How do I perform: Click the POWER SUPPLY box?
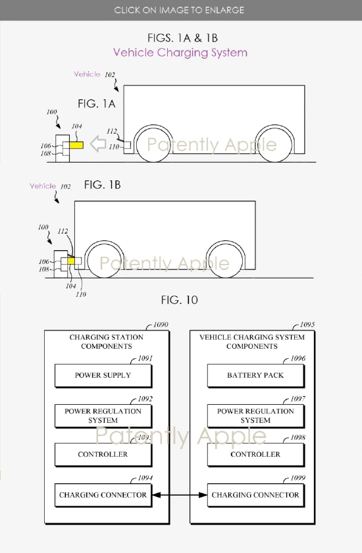pos(103,375)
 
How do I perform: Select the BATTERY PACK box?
pos(255,375)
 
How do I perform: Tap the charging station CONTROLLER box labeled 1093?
pos(103,454)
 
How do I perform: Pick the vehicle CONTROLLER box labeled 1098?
pos(255,454)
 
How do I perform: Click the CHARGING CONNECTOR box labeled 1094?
pos(103,495)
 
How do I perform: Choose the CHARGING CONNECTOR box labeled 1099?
pos(255,495)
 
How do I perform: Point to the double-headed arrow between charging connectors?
pos(180,495)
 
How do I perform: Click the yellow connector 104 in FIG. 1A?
pos(76,144)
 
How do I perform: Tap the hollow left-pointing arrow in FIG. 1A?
pos(99,144)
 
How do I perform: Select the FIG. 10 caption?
pos(179,300)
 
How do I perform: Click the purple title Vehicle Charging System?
pos(180,52)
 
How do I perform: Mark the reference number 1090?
pos(160,325)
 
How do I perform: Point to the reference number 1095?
pos(307,325)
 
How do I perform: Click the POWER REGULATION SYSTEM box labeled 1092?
pos(103,415)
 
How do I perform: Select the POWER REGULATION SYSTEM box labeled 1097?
pos(255,415)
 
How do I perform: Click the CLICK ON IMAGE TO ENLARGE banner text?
pos(179,10)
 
